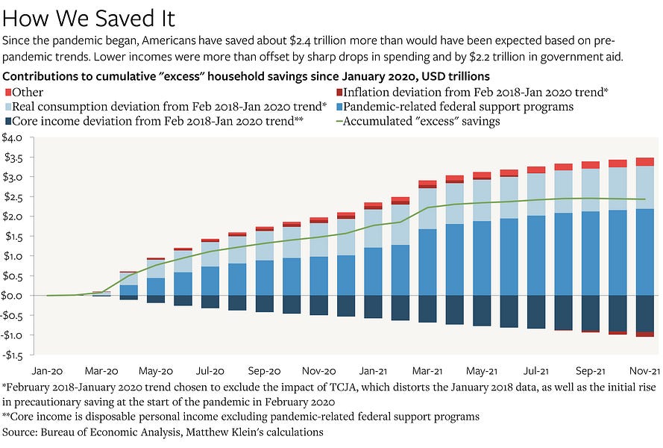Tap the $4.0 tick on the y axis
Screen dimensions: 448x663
pos(14,137)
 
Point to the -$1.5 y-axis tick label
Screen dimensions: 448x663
pos(14,355)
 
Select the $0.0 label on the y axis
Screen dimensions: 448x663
pos(14,296)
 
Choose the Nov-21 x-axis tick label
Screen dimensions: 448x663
pos(644,370)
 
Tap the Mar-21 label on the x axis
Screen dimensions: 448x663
pos(427,370)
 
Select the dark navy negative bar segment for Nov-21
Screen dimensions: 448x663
pos(644,314)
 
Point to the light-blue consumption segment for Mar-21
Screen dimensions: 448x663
pos(427,208)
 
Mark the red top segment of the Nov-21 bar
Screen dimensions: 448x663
pos(644,162)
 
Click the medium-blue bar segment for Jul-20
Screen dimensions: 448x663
pos(210,281)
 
